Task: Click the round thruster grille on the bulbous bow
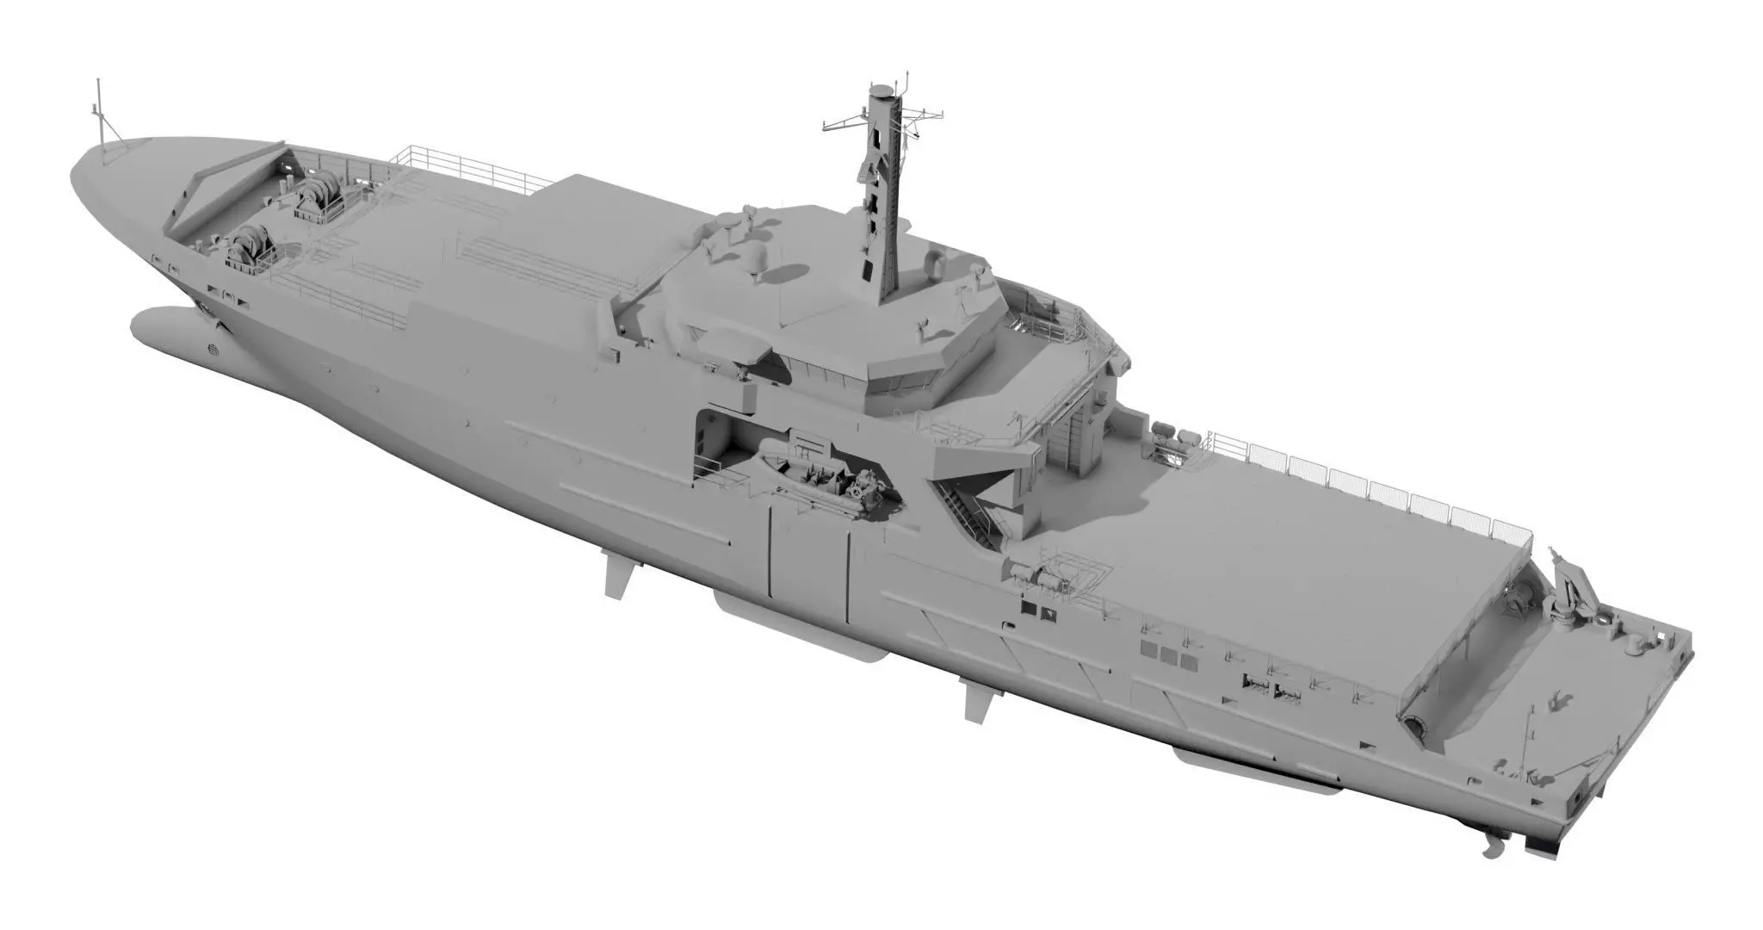[x=213, y=350]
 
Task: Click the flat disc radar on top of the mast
[x=881, y=90]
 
